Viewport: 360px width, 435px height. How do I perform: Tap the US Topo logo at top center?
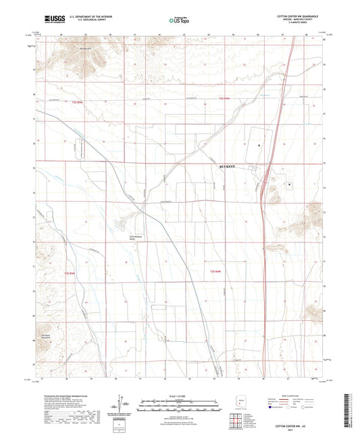[179, 21]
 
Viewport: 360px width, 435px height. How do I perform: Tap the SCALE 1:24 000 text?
[179, 396]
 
